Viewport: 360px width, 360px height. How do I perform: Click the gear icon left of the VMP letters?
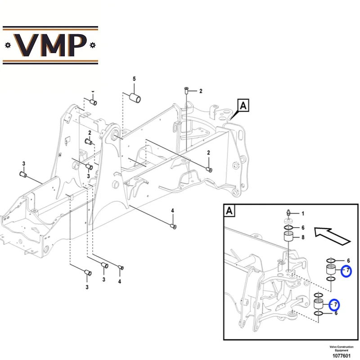[8, 45]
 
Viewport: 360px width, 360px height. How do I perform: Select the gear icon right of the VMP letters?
[93, 45]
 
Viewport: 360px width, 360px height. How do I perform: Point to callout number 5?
[134, 79]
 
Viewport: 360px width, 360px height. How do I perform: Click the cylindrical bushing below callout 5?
[135, 98]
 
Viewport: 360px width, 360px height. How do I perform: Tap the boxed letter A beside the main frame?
[243, 106]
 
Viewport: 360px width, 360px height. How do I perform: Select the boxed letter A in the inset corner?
[229, 211]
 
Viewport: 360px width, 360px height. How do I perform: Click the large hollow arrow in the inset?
[332, 235]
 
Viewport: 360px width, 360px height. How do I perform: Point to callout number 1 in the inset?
[303, 213]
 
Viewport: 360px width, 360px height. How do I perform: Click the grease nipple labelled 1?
[289, 213]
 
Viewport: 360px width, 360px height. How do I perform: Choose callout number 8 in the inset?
[303, 237]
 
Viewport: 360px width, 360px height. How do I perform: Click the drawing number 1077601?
[342, 356]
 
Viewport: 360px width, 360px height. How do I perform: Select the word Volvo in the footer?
[333, 347]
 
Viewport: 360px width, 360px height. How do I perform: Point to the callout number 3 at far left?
[24, 163]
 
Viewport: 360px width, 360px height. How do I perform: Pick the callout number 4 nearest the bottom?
[119, 281]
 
